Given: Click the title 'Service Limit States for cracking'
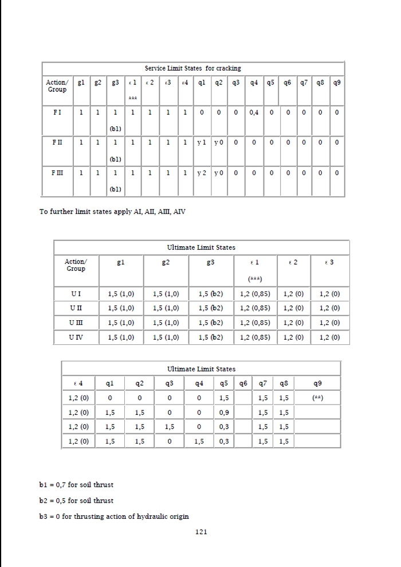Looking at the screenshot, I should click(192, 68).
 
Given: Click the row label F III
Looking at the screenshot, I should click(58, 172).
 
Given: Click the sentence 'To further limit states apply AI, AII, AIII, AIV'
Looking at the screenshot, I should click(112, 212).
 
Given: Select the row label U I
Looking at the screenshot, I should click(76, 294).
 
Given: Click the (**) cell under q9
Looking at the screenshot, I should click(325, 398).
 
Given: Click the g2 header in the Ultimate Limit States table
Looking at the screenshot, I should click(167, 263).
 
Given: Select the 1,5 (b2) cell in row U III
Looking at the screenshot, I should click(213, 323).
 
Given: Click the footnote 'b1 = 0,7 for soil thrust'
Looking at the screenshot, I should click(76, 485).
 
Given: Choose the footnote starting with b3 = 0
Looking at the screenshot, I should click(114, 516).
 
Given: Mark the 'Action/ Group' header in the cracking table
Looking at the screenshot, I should click(56, 86).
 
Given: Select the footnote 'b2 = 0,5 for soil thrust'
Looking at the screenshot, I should click(76, 500).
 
